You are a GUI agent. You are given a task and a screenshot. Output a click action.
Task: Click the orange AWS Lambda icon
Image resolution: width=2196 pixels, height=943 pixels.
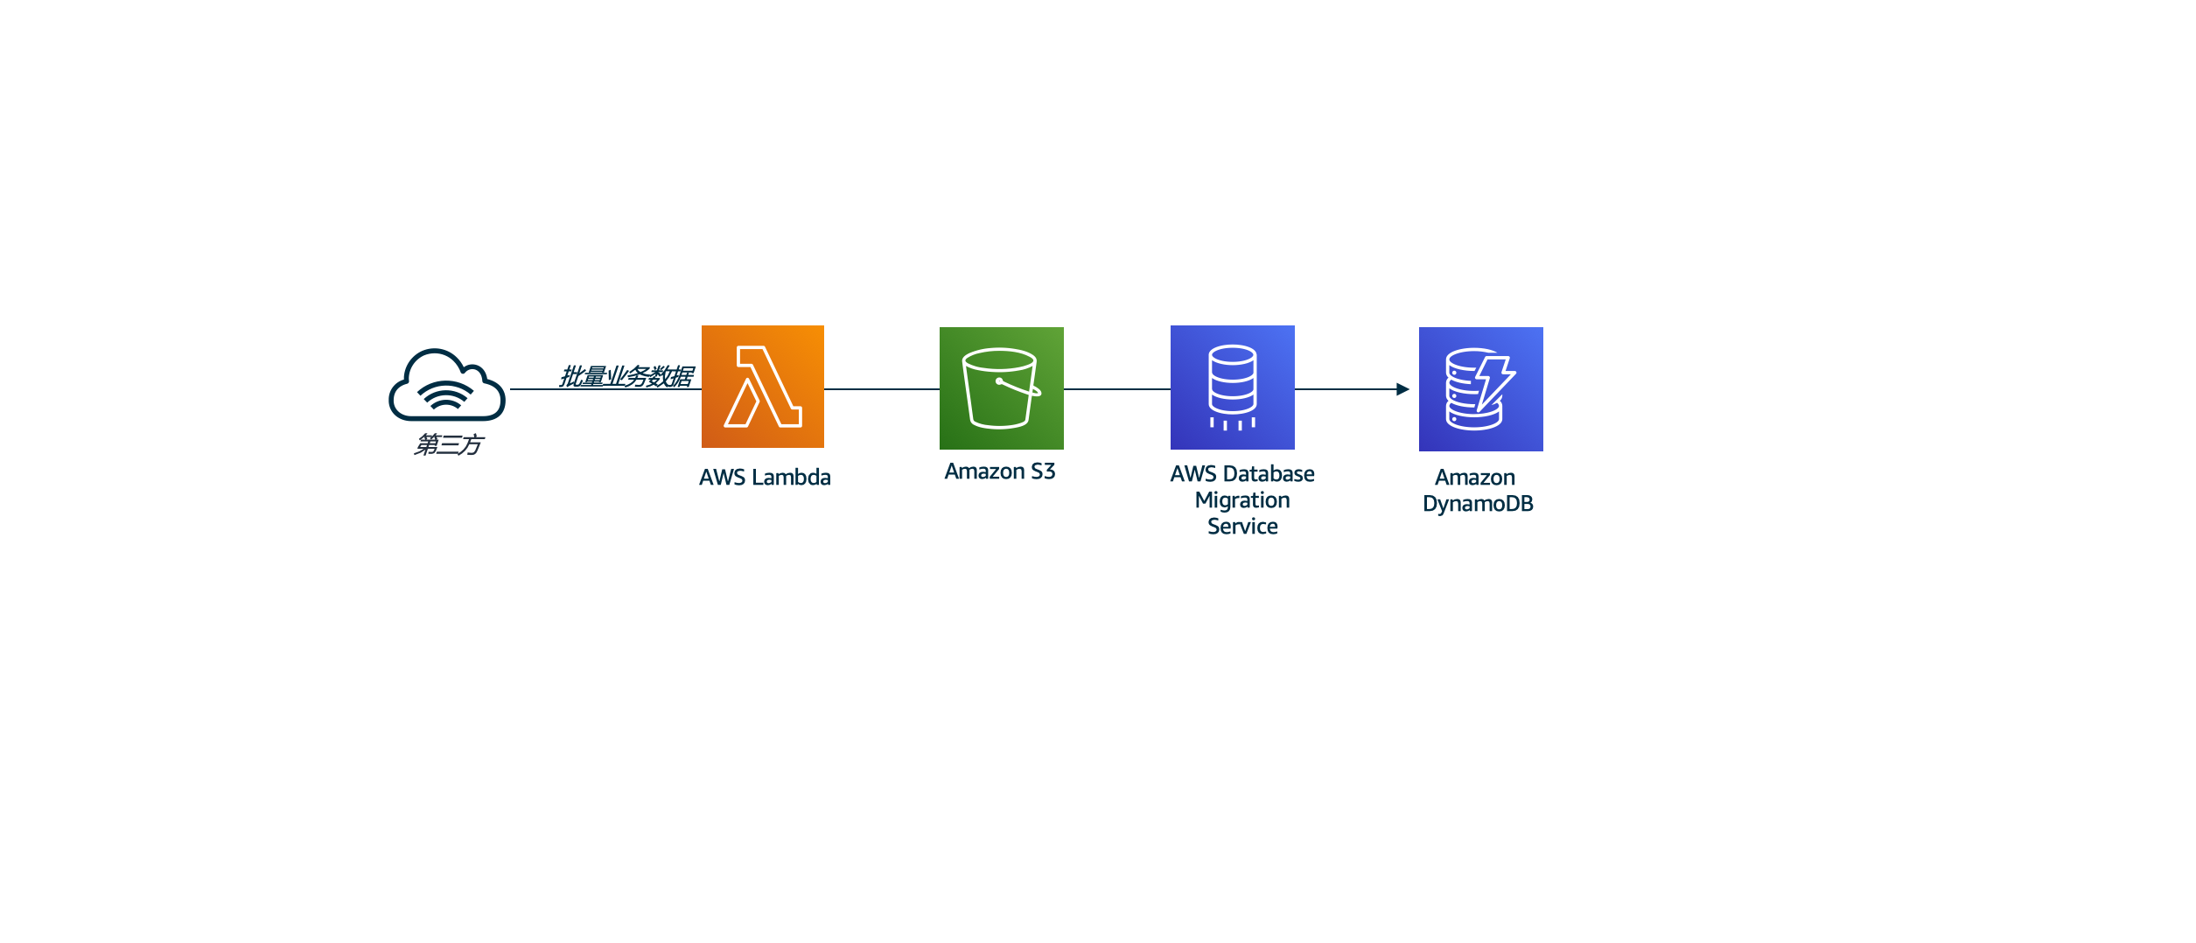tap(762, 387)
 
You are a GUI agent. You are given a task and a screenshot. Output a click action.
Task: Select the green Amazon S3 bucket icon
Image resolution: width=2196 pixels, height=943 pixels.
tap(1001, 388)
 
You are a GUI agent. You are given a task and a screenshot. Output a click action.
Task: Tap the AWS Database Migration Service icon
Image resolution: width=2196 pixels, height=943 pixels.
tap(1232, 388)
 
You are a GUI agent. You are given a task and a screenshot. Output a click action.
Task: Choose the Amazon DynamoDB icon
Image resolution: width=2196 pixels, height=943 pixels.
tap(1480, 389)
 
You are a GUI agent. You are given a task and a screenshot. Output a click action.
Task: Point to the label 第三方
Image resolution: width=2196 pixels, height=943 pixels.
tap(448, 444)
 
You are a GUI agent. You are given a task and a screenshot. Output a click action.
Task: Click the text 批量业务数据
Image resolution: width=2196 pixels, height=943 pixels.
tap(626, 376)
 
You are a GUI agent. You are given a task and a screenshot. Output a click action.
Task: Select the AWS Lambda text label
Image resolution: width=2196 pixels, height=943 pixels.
tap(765, 478)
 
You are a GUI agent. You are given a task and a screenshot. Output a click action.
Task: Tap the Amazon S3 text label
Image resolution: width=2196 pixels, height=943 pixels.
tap(1000, 471)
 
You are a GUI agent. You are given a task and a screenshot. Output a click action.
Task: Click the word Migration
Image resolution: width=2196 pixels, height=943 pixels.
tap(1242, 500)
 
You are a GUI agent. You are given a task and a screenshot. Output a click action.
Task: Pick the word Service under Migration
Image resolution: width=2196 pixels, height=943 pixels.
tap(1242, 527)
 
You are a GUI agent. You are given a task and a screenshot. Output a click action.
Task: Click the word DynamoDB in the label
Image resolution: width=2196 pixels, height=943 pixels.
tap(1478, 504)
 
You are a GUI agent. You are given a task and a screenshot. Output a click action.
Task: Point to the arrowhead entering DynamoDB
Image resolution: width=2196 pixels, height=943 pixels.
tap(1402, 389)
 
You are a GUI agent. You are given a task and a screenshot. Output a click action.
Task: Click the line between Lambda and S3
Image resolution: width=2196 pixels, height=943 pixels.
tap(881, 389)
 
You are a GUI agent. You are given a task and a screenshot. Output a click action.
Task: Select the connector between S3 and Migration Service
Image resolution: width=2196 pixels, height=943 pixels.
tap(1116, 389)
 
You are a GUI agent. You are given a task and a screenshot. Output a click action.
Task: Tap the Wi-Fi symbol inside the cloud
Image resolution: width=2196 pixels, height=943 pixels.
tap(445, 395)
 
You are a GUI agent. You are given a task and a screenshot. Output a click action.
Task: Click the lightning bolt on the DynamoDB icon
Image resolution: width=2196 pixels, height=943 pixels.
tap(1494, 381)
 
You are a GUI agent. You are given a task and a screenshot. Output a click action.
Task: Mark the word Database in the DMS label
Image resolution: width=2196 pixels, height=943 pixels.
tap(1273, 474)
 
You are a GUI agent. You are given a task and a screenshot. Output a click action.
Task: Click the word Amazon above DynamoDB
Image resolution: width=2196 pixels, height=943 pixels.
tap(1474, 478)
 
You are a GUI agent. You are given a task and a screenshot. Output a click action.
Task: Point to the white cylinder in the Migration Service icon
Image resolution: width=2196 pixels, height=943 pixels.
tap(1232, 379)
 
